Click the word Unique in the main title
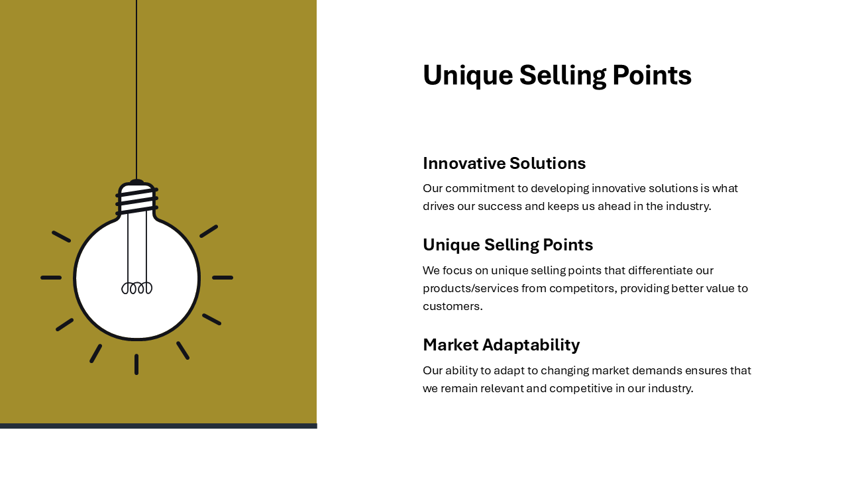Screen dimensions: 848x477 point(468,76)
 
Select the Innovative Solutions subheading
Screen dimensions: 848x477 point(504,163)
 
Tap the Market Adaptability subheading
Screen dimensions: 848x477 point(502,345)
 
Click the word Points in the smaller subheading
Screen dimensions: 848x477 point(568,244)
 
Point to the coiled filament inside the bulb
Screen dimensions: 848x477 point(136,288)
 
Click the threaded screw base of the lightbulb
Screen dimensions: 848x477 point(136,199)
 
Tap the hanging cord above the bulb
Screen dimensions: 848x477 point(136,90)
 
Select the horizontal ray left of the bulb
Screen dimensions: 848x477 point(51,278)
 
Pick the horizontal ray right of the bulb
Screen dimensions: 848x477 point(223,278)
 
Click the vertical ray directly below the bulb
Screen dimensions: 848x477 point(136,364)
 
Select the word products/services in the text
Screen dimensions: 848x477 point(470,288)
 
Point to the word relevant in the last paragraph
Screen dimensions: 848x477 point(502,388)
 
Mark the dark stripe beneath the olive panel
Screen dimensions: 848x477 point(158,426)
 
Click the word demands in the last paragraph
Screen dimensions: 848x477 point(657,370)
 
